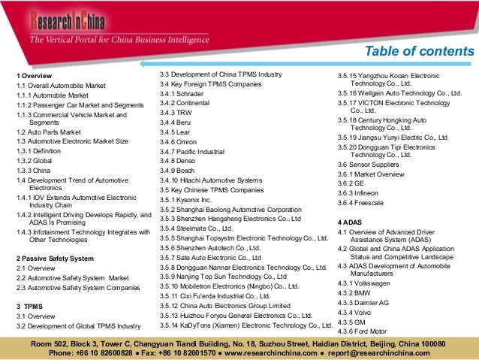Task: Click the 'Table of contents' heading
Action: [419, 51]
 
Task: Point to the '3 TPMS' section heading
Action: [31, 307]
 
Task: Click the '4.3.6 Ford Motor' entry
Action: [363, 331]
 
